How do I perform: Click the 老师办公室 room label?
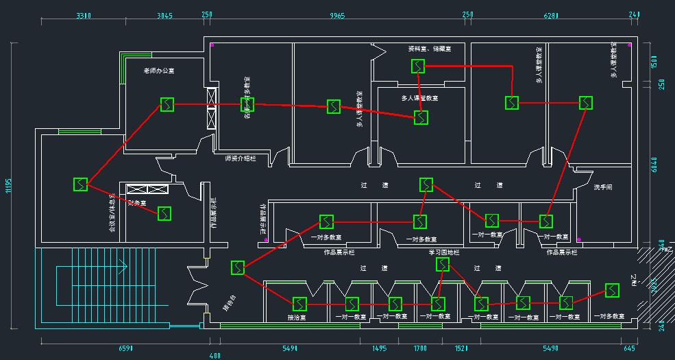(x=158, y=71)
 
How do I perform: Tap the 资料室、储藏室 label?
(x=429, y=49)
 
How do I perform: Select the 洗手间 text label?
(x=603, y=187)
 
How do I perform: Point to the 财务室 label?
(x=137, y=202)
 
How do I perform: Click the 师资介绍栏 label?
(x=240, y=158)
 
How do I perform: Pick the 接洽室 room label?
(x=297, y=317)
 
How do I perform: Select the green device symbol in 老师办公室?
(x=167, y=104)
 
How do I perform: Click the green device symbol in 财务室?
(x=164, y=213)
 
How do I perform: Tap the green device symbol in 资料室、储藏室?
(x=418, y=66)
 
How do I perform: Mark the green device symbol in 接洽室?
(x=299, y=303)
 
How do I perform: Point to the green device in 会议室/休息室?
(x=81, y=184)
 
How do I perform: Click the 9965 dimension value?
(x=337, y=15)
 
